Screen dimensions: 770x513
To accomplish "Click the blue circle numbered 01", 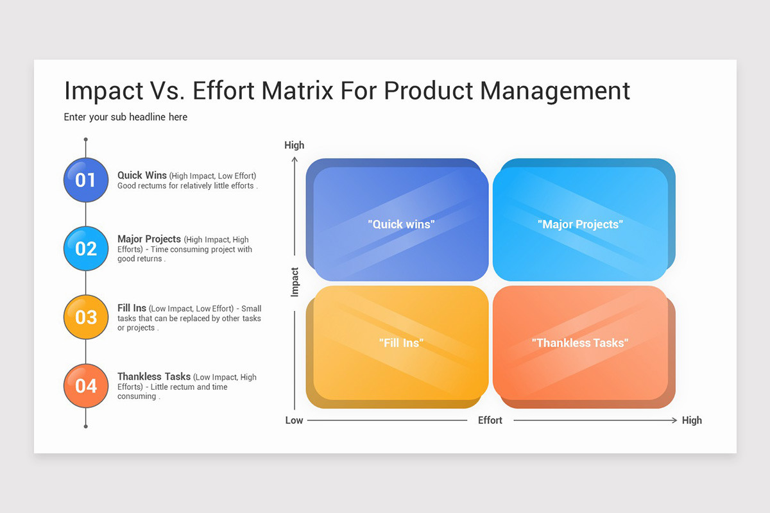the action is [86, 180].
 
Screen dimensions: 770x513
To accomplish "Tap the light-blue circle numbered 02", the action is [86, 248].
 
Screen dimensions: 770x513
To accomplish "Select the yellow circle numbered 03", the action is [86, 317].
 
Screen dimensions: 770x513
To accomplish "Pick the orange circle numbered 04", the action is [86, 385].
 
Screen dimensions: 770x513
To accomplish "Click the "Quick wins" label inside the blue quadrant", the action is [401, 224].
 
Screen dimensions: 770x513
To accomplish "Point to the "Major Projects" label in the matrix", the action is [580, 224].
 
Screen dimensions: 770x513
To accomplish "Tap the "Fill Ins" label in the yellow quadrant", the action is [401, 343].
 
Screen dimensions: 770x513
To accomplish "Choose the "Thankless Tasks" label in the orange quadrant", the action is [580, 343].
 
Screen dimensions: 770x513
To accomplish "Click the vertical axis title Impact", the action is [295, 282].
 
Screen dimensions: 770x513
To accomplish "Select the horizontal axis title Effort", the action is [490, 420].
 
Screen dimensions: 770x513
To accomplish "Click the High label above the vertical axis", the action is [295, 146].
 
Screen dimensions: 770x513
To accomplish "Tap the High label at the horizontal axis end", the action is [692, 420].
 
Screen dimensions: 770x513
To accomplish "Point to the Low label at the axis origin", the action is [294, 420].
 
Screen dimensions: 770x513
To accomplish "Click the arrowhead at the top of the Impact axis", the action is [295, 159].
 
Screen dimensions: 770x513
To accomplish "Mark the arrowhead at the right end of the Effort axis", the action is [674, 420].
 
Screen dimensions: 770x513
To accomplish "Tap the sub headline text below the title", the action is [126, 117].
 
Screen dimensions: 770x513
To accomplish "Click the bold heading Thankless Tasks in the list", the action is [154, 376].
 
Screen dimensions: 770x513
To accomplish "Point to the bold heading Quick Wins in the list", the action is [142, 175].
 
